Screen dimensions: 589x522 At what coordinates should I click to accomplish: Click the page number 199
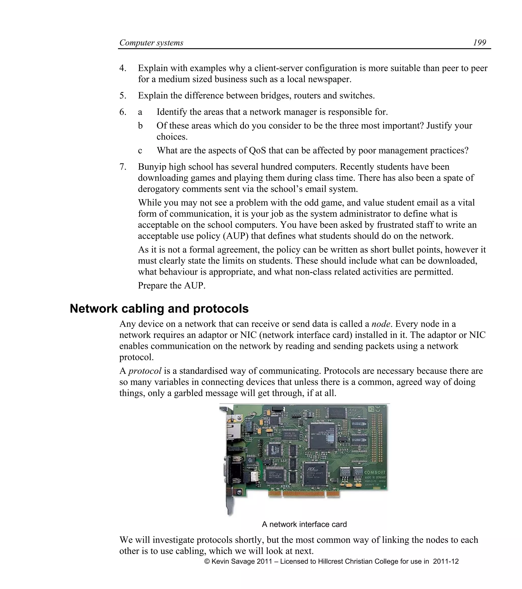tap(479, 43)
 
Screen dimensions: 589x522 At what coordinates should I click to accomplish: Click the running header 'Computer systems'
tap(151, 43)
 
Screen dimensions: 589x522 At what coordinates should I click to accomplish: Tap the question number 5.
tap(123, 95)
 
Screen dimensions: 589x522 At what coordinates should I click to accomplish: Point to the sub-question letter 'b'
tap(140, 126)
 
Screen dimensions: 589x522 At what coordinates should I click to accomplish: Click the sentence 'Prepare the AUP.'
tap(172, 285)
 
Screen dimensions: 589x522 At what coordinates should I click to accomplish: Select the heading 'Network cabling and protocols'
tap(159, 309)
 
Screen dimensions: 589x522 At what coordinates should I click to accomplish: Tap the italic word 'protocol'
tap(145, 371)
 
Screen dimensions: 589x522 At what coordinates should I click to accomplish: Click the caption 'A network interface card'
tap(304, 524)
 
